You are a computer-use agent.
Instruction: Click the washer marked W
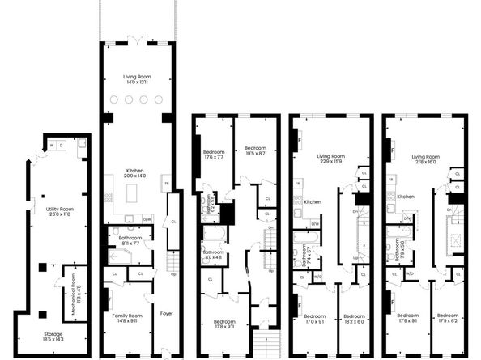51,146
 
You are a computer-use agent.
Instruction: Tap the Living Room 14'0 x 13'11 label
138,78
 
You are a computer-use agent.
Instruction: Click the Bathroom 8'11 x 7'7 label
130,239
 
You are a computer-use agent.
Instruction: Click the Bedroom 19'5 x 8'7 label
255,150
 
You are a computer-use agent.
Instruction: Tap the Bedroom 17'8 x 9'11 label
223,324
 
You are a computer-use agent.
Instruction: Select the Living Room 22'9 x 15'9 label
330,159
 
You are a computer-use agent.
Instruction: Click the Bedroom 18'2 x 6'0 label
354,318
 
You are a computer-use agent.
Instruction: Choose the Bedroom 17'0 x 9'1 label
315,318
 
